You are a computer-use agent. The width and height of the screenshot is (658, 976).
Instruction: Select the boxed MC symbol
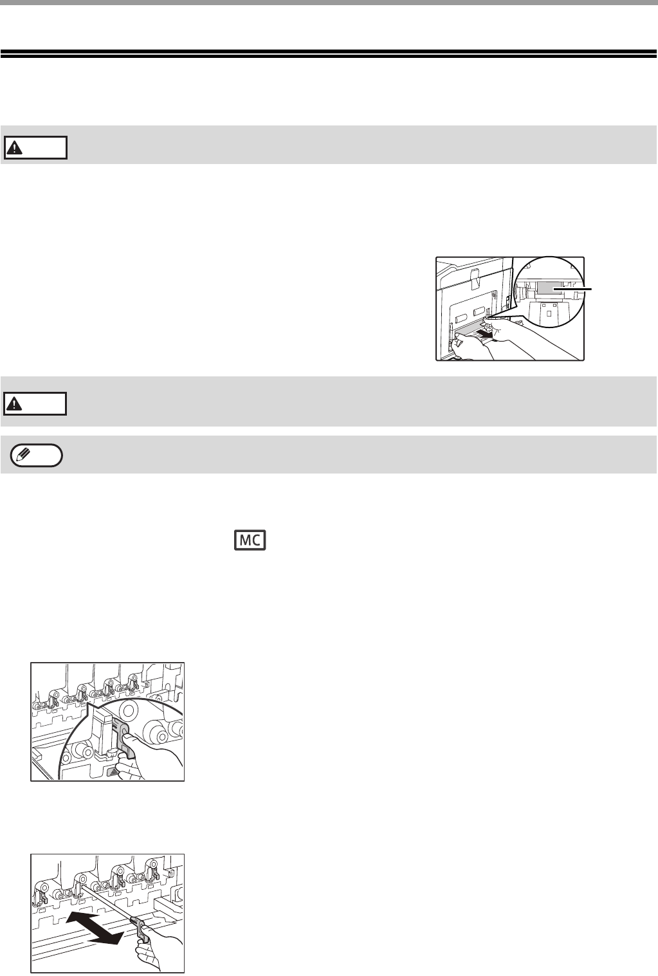coord(250,540)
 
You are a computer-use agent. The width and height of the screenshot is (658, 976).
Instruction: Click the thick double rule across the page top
coord(329,53)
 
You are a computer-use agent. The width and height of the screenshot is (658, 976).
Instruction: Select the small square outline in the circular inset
coord(549,313)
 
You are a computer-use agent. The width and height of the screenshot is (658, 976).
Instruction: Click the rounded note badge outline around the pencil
coord(37,456)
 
